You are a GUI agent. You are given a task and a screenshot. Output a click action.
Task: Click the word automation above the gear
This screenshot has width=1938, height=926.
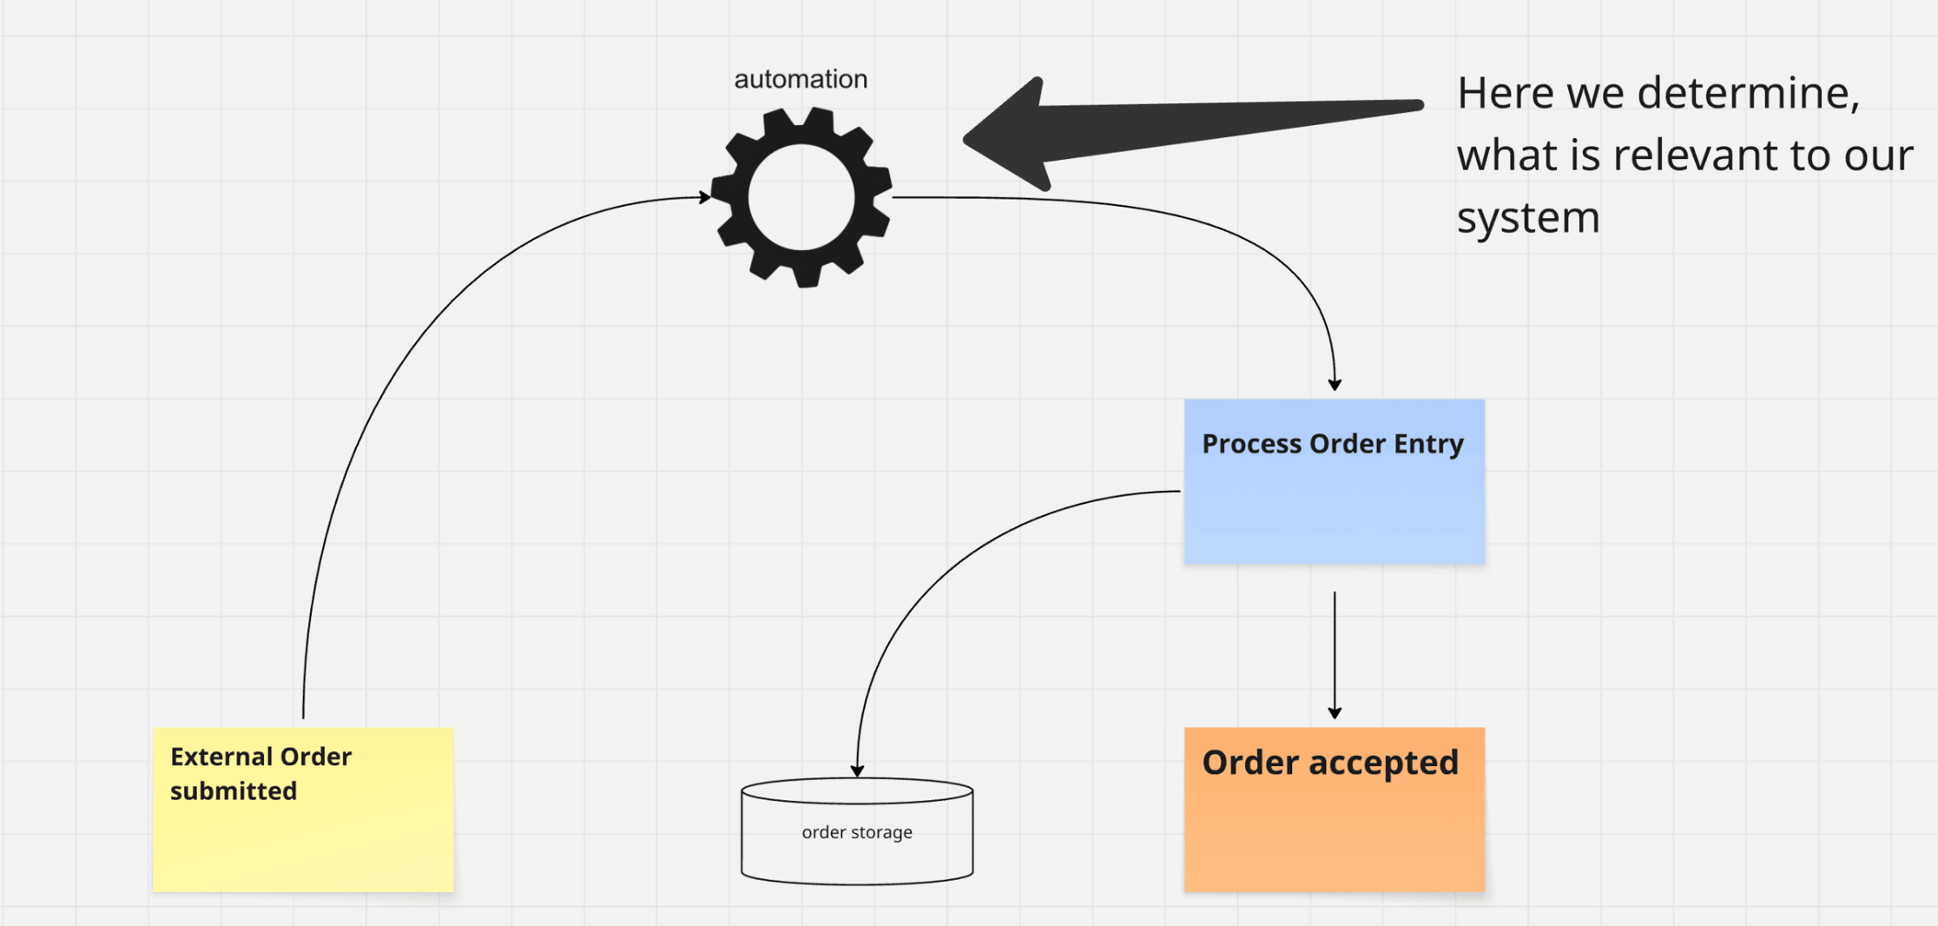click(x=801, y=79)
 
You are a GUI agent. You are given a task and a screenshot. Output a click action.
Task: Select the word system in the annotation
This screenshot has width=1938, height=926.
click(x=1528, y=217)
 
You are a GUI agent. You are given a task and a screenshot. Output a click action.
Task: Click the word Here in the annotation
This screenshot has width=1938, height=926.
click(x=1505, y=93)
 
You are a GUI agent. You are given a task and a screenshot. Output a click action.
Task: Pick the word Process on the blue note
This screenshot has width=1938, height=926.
click(x=1251, y=444)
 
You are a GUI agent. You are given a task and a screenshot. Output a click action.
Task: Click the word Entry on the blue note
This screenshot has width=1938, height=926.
click(x=1428, y=444)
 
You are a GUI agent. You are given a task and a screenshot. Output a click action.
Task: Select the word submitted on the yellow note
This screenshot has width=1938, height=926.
click(x=234, y=791)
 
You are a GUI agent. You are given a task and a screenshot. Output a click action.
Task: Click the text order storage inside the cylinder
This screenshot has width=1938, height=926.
click(x=857, y=832)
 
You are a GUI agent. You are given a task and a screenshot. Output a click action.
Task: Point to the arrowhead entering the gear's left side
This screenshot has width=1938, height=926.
click(x=704, y=198)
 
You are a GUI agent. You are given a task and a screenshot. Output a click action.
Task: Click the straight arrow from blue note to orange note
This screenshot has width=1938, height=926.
click(x=1335, y=652)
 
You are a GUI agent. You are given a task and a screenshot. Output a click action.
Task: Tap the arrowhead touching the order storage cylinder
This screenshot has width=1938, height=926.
click(x=857, y=771)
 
